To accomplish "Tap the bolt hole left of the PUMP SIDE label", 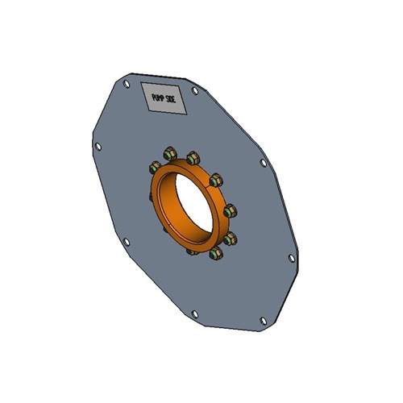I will coord(127,83).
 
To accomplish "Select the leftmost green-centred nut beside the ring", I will coord(155,168).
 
